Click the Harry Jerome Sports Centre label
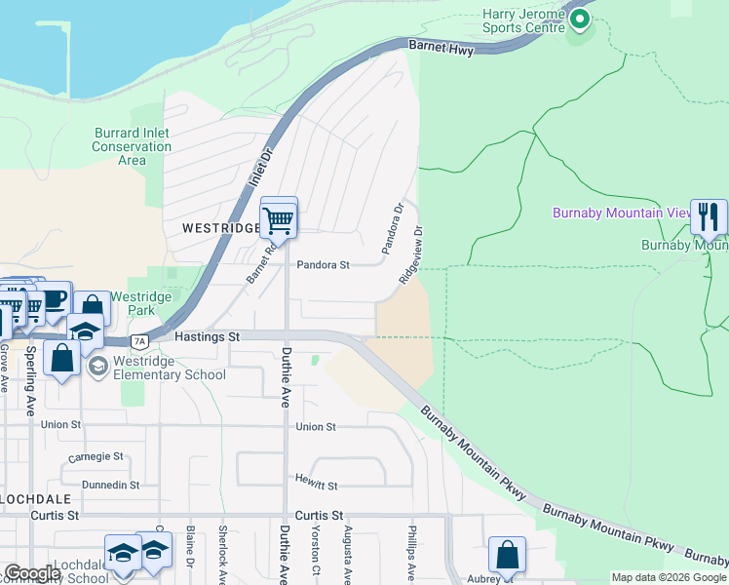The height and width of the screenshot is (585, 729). pyautogui.click(x=523, y=20)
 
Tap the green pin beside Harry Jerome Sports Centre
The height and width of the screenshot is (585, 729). pyautogui.click(x=581, y=19)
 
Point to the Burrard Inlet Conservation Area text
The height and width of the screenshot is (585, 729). pyautogui.click(x=132, y=146)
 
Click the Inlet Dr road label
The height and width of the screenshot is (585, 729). pyautogui.click(x=261, y=155)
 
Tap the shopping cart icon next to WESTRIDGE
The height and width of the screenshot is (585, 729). pyautogui.click(x=279, y=220)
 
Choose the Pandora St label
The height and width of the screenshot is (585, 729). pyautogui.click(x=323, y=264)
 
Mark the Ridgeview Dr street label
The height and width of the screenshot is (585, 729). pyautogui.click(x=410, y=256)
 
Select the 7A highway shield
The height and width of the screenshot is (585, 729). pyautogui.click(x=139, y=341)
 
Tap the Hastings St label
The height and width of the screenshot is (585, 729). pyautogui.click(x=207, y=336)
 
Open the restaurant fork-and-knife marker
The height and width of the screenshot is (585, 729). pyautogui.click(x=709, y=216)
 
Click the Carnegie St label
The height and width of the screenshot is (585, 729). pyautogui.click(x=96, y=456)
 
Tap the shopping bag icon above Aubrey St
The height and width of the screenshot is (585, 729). pyautogui.click(x=507, y=556)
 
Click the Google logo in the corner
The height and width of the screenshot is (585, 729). pyautogui.click(x=31, y=573)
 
